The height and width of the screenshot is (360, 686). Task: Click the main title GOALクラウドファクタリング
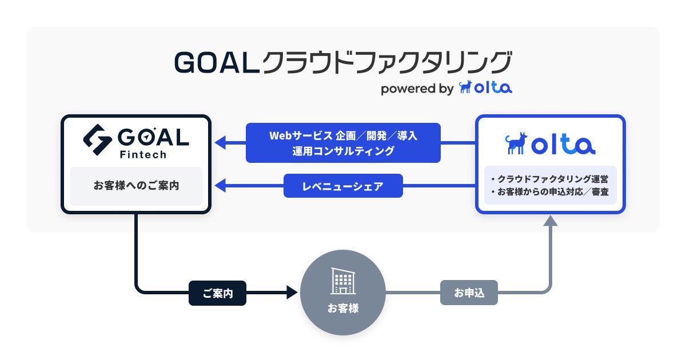(x=343, y=62)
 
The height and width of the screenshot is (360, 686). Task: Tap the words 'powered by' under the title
(x=417, y=89)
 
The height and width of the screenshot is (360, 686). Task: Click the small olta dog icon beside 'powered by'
(x=465, y=87)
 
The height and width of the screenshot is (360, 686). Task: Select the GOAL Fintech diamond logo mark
(x=97, y=139)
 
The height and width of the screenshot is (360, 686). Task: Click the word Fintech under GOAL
(x=143, y=155)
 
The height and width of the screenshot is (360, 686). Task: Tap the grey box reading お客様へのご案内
(x=136, y=186)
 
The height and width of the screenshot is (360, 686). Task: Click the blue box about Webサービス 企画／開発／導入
(x=343, y=143)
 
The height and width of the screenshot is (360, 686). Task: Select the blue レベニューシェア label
(x=343, y=186)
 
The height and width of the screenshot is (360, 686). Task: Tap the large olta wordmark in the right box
(x=563, y=145)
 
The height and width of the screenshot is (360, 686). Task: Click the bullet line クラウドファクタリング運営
(x=550, y=179)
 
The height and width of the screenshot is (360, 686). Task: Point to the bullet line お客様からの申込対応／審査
(x=550, y=192)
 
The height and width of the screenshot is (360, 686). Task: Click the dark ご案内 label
(x=217, y=293)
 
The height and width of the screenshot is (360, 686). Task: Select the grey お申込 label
(x=469, y=293)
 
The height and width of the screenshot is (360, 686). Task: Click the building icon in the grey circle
(x=343, y=281)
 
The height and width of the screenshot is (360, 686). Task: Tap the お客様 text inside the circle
(x=343, y=308)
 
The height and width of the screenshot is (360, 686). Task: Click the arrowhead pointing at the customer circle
(x=292, y=293)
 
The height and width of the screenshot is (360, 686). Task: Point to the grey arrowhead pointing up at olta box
(x=551, y=221)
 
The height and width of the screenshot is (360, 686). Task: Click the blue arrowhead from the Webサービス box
(x=220, y=143)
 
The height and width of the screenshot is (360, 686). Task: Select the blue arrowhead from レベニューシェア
(x=220, y=186)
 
